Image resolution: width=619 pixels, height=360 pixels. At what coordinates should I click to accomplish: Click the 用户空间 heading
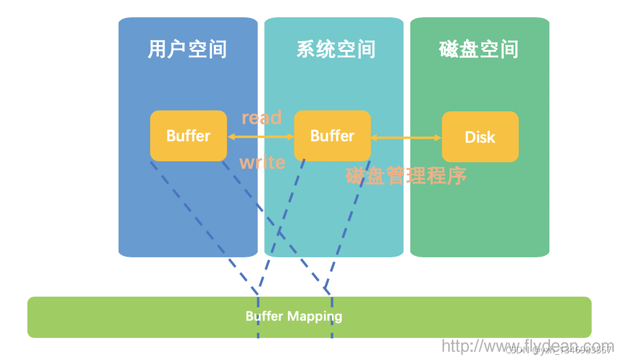(x=187, y=49)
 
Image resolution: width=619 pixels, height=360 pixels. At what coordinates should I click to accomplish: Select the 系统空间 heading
(x=335, y=49)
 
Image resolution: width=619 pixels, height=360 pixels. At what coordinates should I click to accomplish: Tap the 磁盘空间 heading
(x=478, y=49)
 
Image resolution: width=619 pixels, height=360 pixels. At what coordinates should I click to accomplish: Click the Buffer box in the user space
(x=189, y=136)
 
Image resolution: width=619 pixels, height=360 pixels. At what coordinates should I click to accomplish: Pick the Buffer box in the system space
(x=333, y=136)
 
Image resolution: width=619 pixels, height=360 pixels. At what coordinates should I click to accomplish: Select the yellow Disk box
(x=480, y=137)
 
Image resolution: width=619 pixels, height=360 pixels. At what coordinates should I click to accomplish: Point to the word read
(x=262, y=118)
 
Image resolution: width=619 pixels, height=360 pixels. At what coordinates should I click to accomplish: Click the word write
(x=262, y=162)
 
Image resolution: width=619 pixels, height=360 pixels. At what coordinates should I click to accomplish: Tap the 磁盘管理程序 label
(x=406, y=176)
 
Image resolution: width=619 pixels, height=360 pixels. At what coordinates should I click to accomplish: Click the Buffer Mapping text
(x=294, y=316)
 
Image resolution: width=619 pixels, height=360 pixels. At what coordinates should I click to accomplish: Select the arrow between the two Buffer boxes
(x=261, y=137)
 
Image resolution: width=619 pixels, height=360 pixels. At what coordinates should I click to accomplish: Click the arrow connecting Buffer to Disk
(x=406, y=138)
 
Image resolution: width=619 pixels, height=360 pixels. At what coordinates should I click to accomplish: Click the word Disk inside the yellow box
(x=480, y=137)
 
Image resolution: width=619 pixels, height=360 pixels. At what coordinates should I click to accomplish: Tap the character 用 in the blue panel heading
(x=157, y=49)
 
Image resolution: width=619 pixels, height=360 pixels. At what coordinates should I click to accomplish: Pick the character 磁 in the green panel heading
(x=449, y=49)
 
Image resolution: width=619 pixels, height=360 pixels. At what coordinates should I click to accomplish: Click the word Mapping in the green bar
(x=315, y=317)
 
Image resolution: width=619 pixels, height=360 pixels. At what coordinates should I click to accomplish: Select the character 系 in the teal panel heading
(x=306, y=49)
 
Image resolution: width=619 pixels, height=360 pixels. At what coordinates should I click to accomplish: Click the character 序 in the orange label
(x=457, y=176)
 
